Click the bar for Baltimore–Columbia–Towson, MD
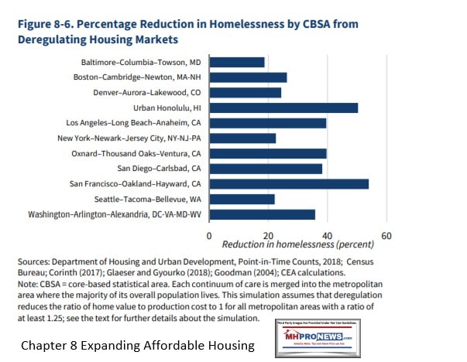pyautogui.click(x=236, y=62)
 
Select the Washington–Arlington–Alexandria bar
pyautogui.click(x=262, y=214)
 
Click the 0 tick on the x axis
pyautogui.click(x=208, y=234)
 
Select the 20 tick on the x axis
pyautogui.click(x=267, y=234)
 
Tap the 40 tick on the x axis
pyautogui.click(x=327, y=234)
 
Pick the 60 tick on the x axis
pyautogui.click(x=386, y=234)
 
